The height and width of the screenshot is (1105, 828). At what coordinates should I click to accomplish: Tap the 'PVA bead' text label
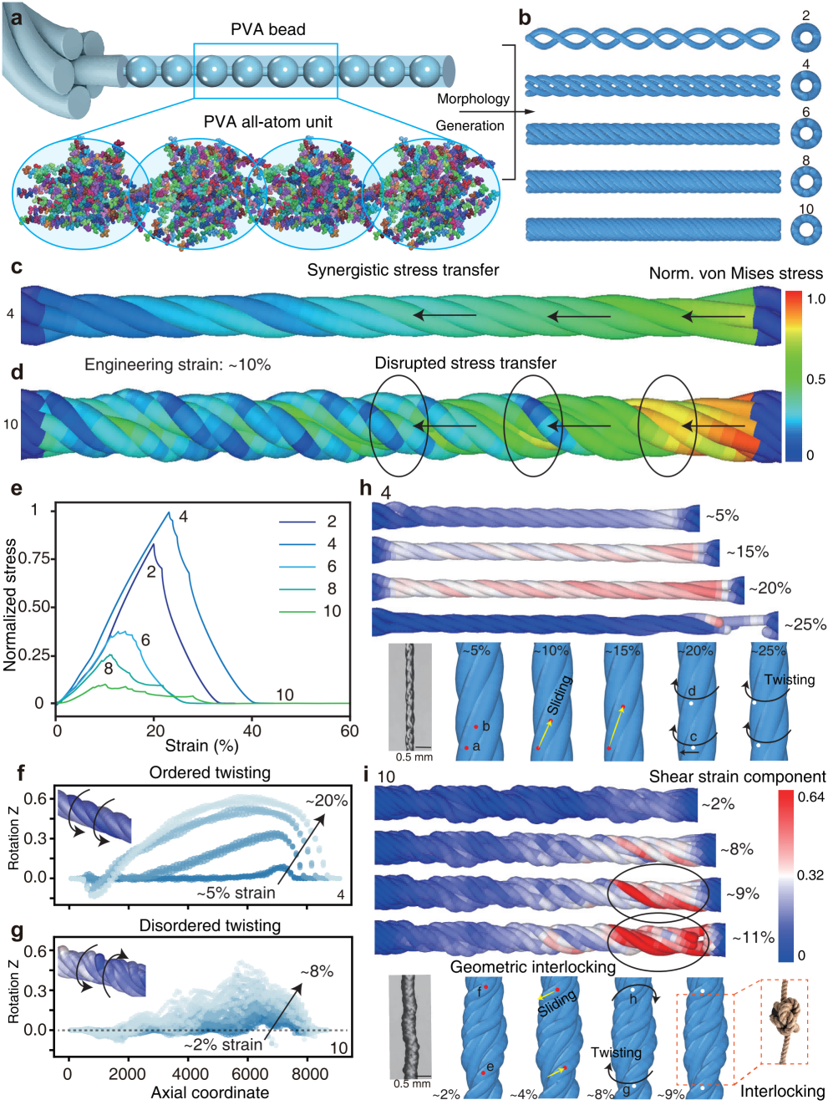(x=267, y=29)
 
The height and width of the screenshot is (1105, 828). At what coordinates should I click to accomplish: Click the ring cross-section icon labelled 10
(x=806, y=230)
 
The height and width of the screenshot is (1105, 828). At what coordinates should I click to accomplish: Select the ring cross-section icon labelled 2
(x=806, y=37)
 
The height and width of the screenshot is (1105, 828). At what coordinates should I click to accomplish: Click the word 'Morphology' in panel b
(x=473, y=99)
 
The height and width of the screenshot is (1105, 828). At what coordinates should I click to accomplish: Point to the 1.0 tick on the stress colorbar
(x=815, y=299)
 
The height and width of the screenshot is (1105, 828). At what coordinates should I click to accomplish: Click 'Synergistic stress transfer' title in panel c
(x=403, y=270)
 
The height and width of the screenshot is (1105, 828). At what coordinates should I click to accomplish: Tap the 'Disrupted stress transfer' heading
(x=465, y=364)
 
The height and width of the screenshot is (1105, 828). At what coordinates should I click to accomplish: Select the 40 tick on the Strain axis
(x=251, y=731)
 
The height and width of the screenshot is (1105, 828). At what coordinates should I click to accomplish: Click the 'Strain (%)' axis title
(x=201, y=746)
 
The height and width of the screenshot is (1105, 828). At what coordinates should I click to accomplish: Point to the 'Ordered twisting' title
(x=210, y=772)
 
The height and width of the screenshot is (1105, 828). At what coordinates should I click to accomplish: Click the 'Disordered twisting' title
(x=210, y=925)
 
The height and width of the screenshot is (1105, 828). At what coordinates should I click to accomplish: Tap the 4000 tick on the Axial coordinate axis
(x=190, y=1074)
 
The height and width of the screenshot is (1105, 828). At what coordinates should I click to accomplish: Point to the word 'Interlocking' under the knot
(x=782, y=1092)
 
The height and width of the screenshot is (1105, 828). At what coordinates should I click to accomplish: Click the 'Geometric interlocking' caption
(x=532, y=967)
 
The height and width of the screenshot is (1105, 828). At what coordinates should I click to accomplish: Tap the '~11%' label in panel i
(x=753, y=938)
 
